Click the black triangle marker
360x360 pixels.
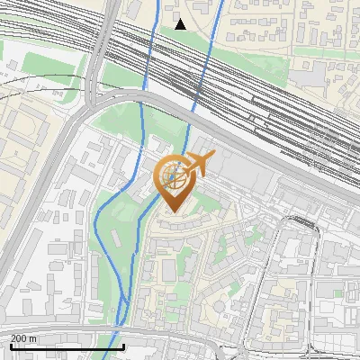point(181,24)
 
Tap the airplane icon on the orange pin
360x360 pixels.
point(199,165)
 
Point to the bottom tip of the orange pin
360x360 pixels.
point(174,212)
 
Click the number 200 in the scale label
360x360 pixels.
point(20,338)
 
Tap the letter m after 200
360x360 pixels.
point(34,338)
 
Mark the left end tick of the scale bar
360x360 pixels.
point(10,346)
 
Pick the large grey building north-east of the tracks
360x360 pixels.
point(310,76)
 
